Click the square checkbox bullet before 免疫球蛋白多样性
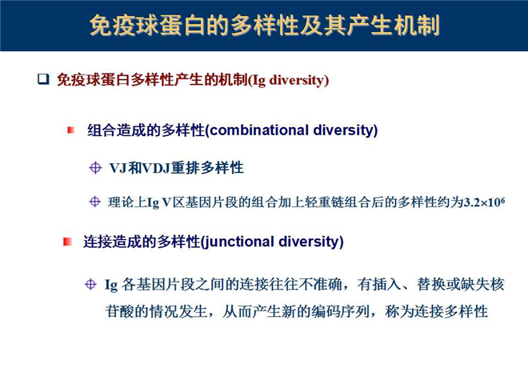click(x=43, y=79)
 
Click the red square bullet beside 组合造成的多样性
click(x=70, y=130)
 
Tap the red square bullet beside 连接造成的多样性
click(x=67, y=242)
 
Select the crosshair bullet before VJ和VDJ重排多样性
click(x=95, y=167)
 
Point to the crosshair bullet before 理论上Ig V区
click(x=94, y=202)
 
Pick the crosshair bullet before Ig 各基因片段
click(x=90, y=284)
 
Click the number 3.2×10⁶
click(x=484, y=202)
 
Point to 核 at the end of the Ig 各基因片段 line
click(x=497, y=285)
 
